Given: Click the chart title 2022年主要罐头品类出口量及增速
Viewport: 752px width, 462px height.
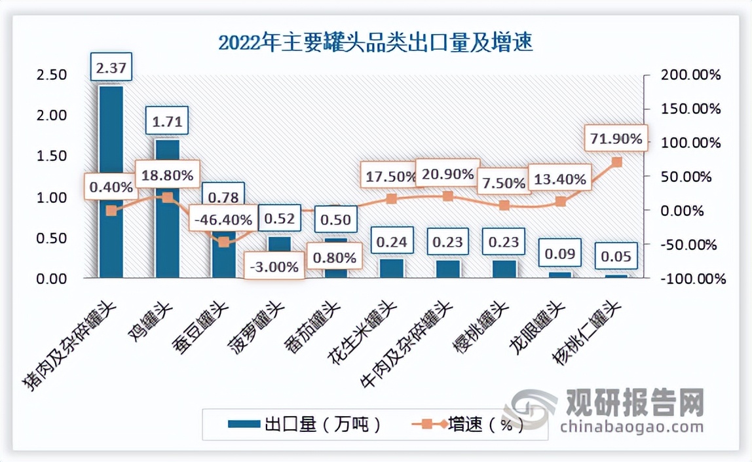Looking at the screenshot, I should (x=375, y=43).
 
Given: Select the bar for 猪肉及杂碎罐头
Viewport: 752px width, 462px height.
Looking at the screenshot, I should (x=111, y=144).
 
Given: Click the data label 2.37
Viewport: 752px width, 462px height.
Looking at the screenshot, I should (x=111, y=67).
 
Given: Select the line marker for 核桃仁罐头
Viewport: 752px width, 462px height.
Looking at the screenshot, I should (x=616, y=162).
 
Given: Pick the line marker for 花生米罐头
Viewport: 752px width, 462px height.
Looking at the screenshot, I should (x=392, y=199).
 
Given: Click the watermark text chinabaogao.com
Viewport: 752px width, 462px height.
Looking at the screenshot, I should (x=631, y=427).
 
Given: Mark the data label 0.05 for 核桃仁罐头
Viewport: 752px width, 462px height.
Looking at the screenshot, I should (x=616, y=256).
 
